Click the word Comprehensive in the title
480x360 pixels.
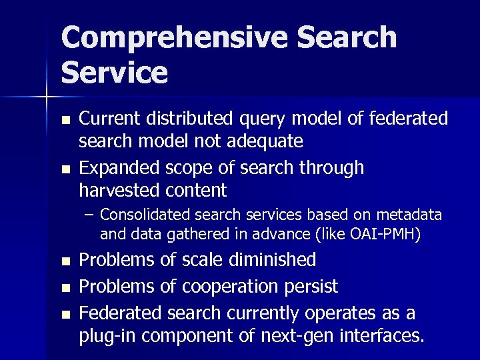click(x=175, y=38)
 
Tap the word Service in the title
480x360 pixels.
click(x=114, y=72)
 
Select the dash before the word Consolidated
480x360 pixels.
click(x=89, y=215)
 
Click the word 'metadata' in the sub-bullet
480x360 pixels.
click(x=409, y=215)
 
